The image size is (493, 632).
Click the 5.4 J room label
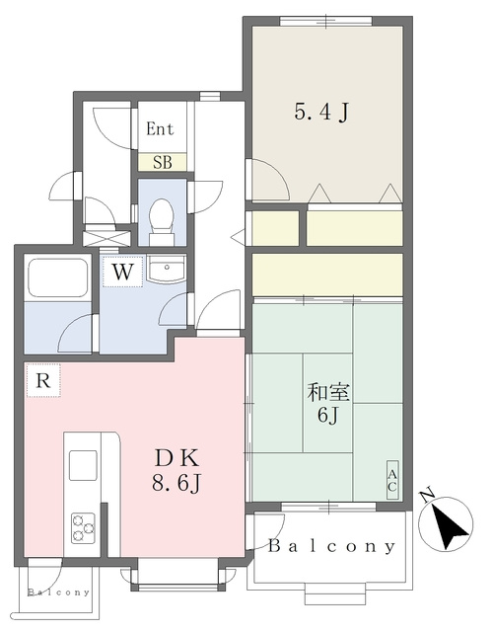coord(320,112)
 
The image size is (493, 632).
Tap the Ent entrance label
coord(160,129)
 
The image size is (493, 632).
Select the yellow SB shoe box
coord(162,162)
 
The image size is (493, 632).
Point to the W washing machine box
coord(122,272)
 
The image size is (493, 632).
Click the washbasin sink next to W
coord(166,269)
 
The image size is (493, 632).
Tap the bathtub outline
coord(56,276)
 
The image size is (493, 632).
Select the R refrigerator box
coord(43,380)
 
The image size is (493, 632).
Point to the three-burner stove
coord(83,527)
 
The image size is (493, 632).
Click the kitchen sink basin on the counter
coord(83,465)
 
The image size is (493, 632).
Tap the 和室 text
coord(328,393)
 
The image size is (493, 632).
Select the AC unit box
coord(392,480)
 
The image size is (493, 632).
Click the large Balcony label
coord(331,546)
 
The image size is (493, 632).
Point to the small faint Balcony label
coord(59,592)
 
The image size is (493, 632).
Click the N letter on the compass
coord(427,496)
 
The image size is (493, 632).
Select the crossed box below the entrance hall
coord(106,238)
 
